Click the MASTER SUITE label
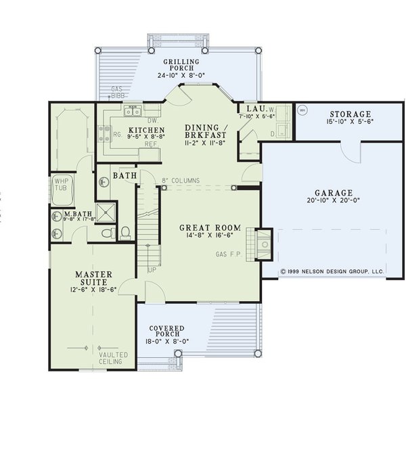(96, 279)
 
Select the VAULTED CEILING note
(111, 357)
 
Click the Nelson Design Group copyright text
(332, 271)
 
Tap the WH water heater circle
(302, 110)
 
